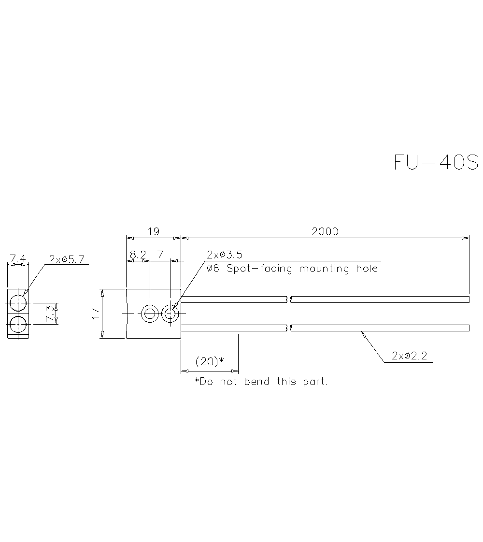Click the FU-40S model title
click(436, 162)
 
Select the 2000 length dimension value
click(325, 231)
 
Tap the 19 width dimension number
click(153, 231)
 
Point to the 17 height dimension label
click(96, 314)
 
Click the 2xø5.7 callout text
click(67, 259)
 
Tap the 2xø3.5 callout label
click(224, 255)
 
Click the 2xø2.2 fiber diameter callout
click(410, 357)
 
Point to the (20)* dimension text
click(210, 361)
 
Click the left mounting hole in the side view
click(150, 314)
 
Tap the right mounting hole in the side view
click(170, 314)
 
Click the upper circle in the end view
click(18, 303)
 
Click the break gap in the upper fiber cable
click(290, 300)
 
